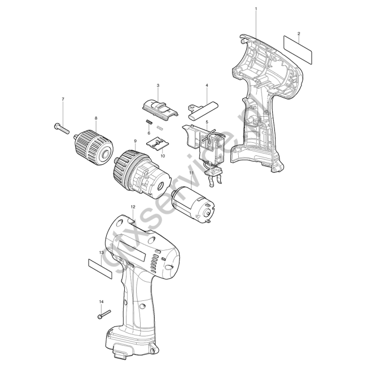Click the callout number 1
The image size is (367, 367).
click(256, 8)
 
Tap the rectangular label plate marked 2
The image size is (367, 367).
click(298, 49)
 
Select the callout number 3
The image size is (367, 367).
click(158, 85)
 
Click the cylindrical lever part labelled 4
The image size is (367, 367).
click(203, 110)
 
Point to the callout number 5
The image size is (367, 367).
click(207, 122)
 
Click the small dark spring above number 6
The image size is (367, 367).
click(149, 122)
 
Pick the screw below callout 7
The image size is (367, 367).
click(62, 128)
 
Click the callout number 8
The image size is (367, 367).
click(96, 118)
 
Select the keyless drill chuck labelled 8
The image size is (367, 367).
click(94, 147)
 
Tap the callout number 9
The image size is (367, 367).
click(136, 141)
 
